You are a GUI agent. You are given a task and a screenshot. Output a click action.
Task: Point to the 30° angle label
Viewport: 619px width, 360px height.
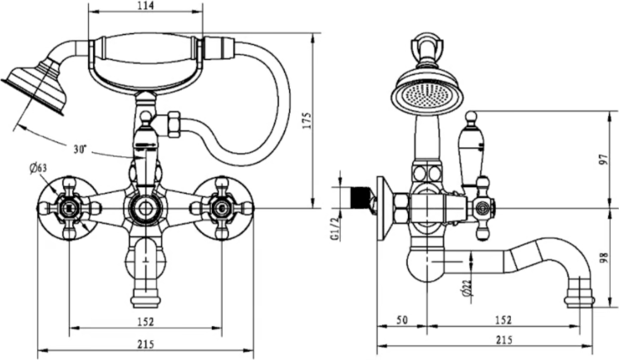[x=80, y=150]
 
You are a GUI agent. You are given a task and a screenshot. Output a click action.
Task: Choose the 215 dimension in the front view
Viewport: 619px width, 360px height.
[x=145, y=343]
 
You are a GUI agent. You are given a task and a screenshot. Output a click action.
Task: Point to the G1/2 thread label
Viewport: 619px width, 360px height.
[x=334, y=227]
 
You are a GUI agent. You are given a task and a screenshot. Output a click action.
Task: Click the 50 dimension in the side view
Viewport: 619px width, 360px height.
[x=400, y=320]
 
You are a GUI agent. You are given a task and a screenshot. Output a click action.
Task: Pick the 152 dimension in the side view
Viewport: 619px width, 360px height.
[x=503, y=320]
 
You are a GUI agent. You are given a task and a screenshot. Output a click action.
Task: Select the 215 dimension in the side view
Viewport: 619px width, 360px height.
[x=503, y=341]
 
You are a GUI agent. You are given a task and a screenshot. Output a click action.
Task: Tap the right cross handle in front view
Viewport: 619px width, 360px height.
[x=221, y=208]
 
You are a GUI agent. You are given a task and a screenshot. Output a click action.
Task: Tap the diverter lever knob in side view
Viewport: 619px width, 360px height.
[x=471, y=117]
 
